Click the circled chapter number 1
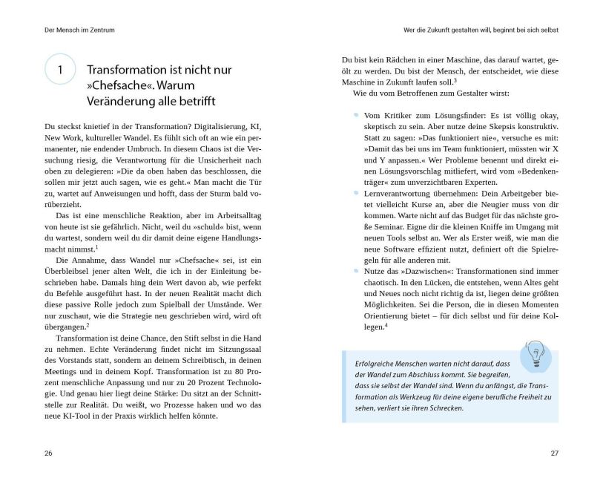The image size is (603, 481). click(60, 70)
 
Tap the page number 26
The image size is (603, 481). click(48, 452)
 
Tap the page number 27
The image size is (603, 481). click(553, 452)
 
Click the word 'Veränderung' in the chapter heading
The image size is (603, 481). click(125, 101)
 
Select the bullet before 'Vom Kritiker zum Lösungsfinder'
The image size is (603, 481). click(356, 115)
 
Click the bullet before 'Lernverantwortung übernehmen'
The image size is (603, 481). click(356, 192)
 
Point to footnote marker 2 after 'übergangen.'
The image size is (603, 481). click(88, 324)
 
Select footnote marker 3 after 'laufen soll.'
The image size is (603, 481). click(455, 80)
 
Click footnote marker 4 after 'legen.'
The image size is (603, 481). click(386, 324)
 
